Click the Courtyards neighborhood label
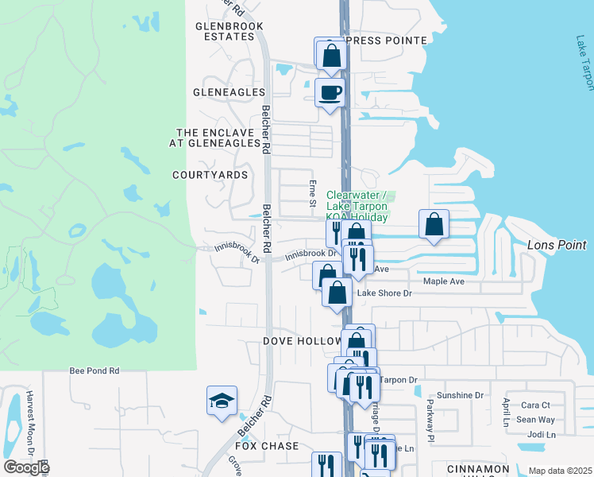coord(210,175)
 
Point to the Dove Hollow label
coord(301,341)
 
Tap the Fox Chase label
coord(272,446)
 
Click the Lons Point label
coord(557,246)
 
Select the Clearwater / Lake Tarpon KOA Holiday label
coord(357,206)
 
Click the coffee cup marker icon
coord(330,93)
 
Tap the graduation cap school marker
coord(222,401)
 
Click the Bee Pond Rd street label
coord(94,370)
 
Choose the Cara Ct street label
coord(535,405)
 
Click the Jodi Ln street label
coord(541,435)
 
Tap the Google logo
coord(26,467)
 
